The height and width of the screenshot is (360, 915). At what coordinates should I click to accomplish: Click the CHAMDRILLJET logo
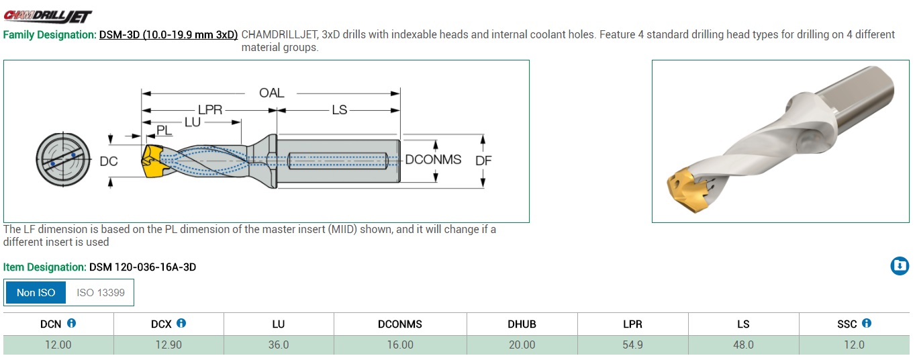click(48, 16)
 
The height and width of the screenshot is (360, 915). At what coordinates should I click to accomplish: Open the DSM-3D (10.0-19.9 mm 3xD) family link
click(168, 35)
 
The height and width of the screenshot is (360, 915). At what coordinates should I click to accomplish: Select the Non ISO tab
click(36, 293)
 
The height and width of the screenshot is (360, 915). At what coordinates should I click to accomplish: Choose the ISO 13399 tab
click(101, 293)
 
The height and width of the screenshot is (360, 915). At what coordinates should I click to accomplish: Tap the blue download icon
click(900, 266)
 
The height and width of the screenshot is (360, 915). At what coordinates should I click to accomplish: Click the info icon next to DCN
click(71, 323)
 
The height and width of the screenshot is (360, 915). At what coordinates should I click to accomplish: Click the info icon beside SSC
click(867, 323)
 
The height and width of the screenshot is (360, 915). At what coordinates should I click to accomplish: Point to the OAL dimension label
click(272, 93)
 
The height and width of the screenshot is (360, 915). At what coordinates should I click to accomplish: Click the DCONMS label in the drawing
click(433, 159)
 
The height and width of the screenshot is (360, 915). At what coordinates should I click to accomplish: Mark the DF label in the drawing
click(483, 161)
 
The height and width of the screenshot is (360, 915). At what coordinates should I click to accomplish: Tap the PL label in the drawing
click(164, 130)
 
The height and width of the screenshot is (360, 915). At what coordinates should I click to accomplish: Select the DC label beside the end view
click(109, 161)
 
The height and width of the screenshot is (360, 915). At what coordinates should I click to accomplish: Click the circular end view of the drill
click(63, 159)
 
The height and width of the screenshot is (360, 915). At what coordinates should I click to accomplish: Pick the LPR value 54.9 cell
click(632, 345)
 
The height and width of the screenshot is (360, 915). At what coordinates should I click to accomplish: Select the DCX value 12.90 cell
click(168, 345)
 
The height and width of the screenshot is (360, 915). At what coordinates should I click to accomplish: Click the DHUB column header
click(522, 324)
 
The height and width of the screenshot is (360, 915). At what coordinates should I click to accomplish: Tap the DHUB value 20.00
click(522, 345)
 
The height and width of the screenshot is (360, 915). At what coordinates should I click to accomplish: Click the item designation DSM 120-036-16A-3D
click(142, 267)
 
